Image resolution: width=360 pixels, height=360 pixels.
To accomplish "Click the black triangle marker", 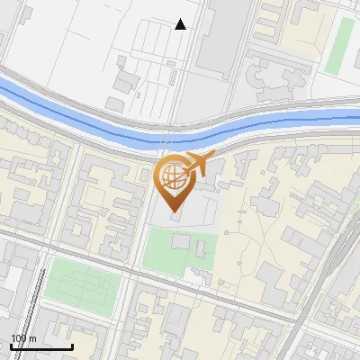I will (181, 24).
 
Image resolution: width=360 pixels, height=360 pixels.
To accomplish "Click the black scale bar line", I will (41, 346).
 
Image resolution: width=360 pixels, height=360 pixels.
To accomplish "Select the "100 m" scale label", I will (23, 338).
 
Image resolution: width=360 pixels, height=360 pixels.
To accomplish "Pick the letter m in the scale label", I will (33, 338).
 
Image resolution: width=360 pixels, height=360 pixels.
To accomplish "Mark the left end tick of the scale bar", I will (12, 345).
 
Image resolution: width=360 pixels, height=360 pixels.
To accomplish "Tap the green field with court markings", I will (81, 280).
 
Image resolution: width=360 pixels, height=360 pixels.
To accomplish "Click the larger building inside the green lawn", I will (181, 241).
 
